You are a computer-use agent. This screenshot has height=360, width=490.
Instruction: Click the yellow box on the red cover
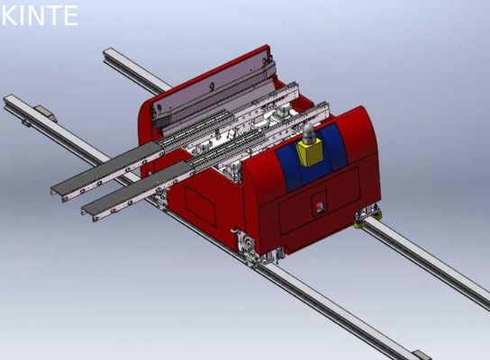312,155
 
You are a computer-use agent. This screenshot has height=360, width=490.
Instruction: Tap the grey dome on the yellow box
309,133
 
